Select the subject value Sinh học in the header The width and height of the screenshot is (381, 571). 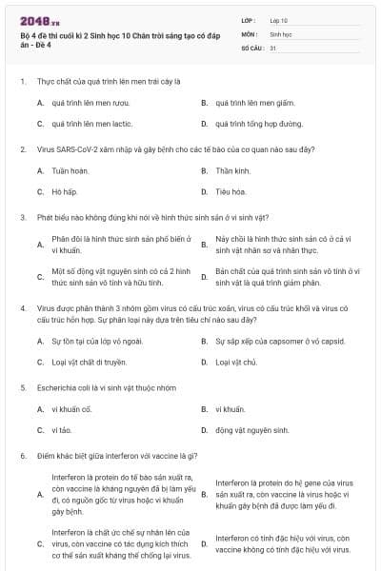tap(280, 33)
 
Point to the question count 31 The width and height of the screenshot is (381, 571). tap(273, 47)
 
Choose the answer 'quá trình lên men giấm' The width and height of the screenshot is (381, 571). tap(250, 103)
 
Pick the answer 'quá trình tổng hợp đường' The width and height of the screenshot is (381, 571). tap(259, 124)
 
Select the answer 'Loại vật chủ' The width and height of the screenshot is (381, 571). tap(236, 362)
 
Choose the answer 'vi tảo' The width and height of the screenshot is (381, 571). tap(61, 430)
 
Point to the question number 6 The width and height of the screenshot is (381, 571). tap(22, 456)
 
